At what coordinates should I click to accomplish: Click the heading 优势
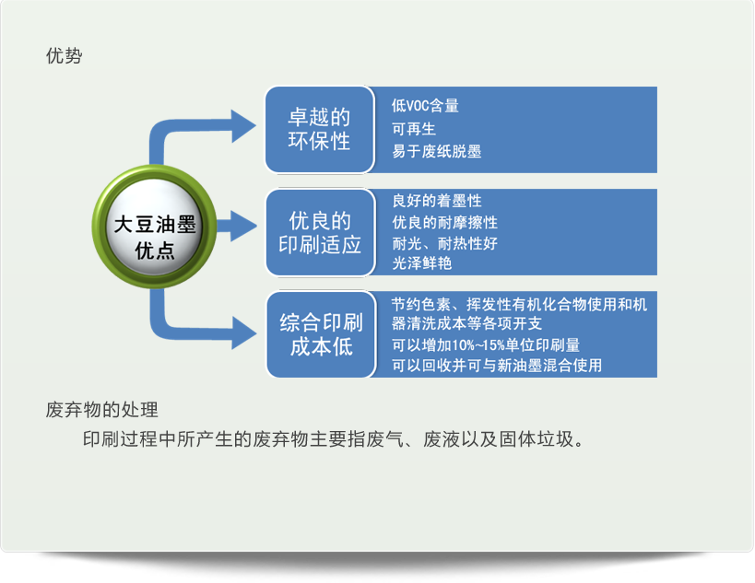64,56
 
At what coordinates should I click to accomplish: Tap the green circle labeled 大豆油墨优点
154,227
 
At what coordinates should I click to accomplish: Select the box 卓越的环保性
319,129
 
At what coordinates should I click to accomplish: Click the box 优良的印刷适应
319,232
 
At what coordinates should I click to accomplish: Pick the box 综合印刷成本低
321,334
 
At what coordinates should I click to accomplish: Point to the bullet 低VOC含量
425,105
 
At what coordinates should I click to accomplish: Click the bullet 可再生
414,129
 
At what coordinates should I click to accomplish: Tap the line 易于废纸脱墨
436,152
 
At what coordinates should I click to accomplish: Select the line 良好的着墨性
436,201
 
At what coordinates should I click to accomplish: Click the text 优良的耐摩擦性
444,222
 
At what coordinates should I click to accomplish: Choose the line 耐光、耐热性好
444,243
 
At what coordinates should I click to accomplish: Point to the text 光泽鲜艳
421,263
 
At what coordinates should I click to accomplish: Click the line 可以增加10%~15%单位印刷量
485,344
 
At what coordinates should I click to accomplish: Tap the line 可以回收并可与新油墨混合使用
497,366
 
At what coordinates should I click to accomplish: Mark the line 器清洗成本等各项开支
466,323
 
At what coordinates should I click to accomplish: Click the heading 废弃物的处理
102,410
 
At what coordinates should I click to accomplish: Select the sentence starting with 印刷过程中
333,439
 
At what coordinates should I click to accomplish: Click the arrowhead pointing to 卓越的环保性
243,126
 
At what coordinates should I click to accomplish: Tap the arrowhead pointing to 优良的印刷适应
243,226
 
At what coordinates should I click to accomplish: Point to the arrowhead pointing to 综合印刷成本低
244,332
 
